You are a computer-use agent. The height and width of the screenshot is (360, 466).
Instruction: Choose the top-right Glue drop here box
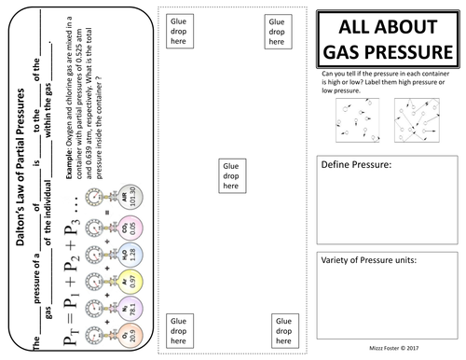click(x=277, y=27)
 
